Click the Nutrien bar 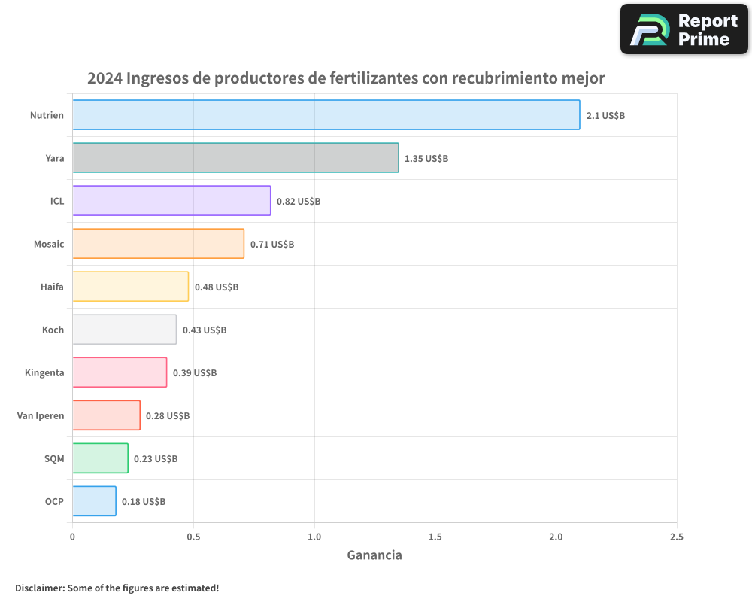[326, 115]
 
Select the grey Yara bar [235, 158]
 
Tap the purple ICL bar [171, 201]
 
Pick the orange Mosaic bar [158, 244]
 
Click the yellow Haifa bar [130, 287]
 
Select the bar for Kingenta [120, 372]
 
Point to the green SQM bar [100, 458]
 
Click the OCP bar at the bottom [94, 501]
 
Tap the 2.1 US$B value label [605, 116]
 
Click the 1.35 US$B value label [426, 159]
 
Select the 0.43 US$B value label [204, 330]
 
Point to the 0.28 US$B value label [168, 416]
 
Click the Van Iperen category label [41, 415]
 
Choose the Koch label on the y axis [53, 330]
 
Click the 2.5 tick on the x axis [676, 537]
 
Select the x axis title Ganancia [374, 555]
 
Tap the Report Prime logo [684, 29]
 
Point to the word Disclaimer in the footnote [39, 588]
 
